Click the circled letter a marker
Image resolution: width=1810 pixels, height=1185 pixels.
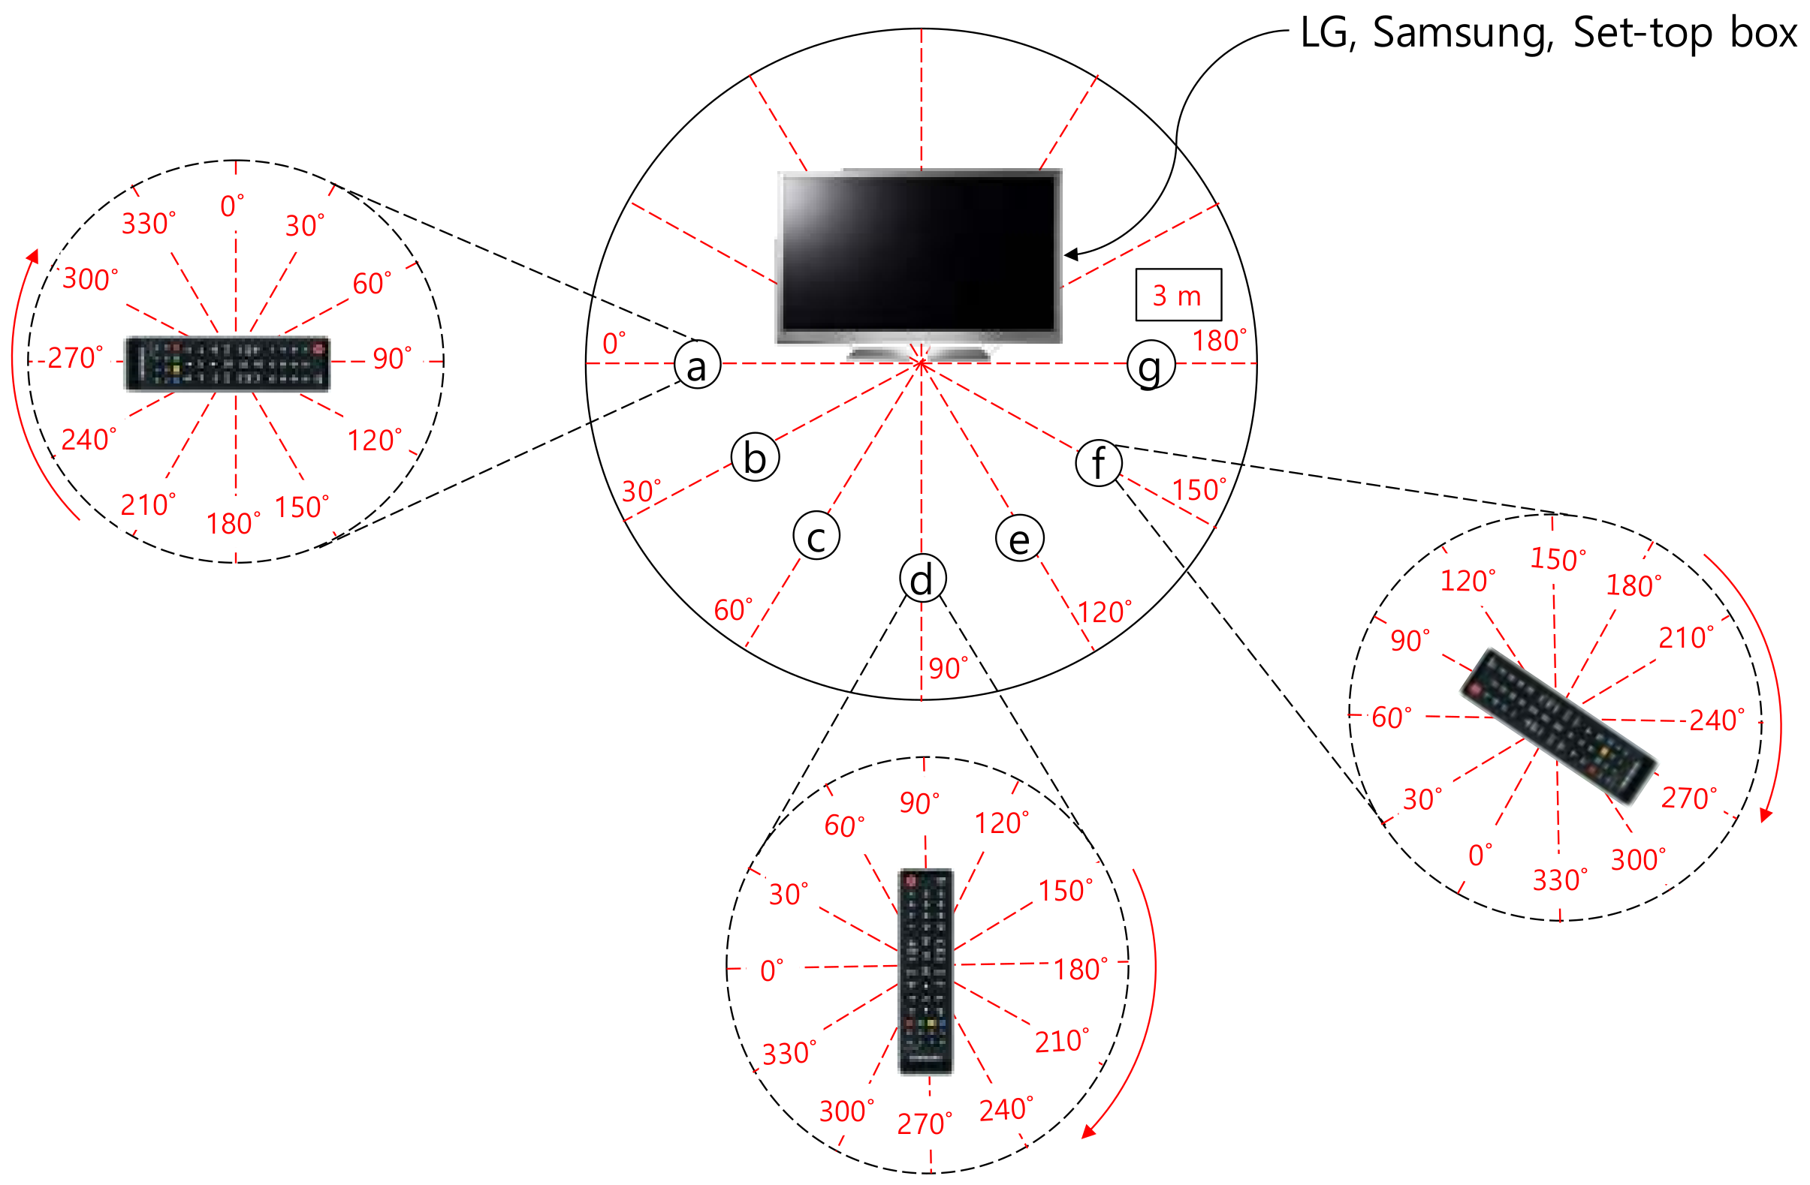click(x=698, y=365)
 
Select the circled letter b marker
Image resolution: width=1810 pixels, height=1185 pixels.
click(x=755, y=458)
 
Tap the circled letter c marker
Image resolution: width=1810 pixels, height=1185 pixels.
click(x=816, y=536)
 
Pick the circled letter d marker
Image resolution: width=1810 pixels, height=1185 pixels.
click(x=922, y=579)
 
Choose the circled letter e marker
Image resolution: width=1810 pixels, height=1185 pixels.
click(x=1019, y=537)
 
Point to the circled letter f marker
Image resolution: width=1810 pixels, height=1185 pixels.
click(x=1099, y=463)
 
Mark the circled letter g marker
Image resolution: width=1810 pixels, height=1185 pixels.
click(x=1151, y=364)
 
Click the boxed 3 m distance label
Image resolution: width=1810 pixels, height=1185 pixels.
click(x=1178, y=295)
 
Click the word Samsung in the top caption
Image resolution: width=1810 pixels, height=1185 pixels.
click(x=1463, y=34)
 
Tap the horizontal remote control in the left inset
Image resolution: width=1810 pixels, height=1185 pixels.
click(x=227, y=363)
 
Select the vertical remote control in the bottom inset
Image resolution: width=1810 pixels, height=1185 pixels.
click(x=925, y=970)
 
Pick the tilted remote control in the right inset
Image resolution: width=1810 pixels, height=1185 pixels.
click(x=1558, y=726)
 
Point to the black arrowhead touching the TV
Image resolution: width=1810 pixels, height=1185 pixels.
click(x=1071, y=254)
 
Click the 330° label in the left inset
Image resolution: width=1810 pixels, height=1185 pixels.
click(x=148, y=224)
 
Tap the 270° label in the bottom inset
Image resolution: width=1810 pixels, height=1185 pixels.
click(x=924, y=1123)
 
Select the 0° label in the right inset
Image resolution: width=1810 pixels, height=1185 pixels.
click(x=1480, y=855)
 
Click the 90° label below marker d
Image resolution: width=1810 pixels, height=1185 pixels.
click(x=948, y=668)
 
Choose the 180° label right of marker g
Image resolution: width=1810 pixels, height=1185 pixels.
click(x=1219, y=341)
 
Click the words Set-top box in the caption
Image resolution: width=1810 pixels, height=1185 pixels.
click(x=1684, y=34)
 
